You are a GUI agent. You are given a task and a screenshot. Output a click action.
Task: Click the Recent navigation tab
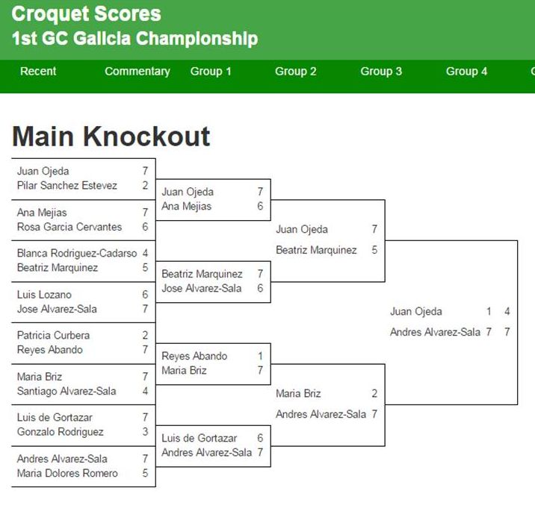[x=38, y=71]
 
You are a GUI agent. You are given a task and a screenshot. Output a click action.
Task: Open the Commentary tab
[x=137, y=72]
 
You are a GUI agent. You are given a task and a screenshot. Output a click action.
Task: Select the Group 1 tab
[x=211, y=71]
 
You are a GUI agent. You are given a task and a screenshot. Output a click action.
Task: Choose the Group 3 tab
[x=381, y=71]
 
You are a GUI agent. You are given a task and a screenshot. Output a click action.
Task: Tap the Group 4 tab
[x=466, y=71]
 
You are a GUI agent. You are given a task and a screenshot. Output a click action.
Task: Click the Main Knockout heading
[x=111, y=137]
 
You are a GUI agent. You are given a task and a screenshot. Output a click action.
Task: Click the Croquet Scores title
[x=86, y=14]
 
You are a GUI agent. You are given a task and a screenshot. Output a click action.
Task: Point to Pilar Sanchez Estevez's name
[x=67, y=185]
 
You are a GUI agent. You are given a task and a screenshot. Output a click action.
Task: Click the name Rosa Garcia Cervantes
[x=69, y=227]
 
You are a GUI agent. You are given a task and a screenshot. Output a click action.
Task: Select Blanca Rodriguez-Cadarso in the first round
[x=77, y=253]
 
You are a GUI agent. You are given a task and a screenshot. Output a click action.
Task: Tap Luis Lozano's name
[x=44, y=294]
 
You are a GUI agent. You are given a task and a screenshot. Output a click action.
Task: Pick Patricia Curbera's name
[x=53, y=335]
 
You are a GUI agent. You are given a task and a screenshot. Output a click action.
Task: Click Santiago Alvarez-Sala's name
[x=67, y=391]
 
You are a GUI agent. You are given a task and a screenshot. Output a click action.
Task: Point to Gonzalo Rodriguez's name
[x=60, y=432]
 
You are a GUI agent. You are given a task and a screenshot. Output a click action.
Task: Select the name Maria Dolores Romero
[x=67, y=473]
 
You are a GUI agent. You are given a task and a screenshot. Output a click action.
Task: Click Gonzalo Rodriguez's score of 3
[x=146, y=432]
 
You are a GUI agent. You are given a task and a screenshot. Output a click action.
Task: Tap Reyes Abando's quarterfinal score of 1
[x=260, y=356]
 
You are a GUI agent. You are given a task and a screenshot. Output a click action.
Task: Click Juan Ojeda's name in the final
[x=416, y=311]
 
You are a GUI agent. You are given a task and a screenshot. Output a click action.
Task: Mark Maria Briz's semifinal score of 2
[x=374, y=393]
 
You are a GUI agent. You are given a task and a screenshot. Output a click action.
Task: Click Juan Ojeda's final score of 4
[x=507, y=311]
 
